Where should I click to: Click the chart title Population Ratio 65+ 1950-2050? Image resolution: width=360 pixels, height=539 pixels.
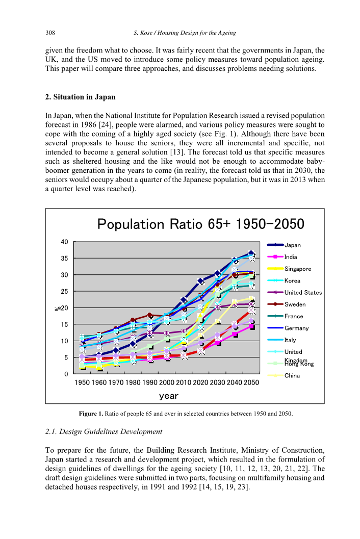(200, 224)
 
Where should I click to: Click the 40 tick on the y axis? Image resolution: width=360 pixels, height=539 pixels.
(65, 242)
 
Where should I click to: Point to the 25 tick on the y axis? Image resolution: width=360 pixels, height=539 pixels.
(65, 291)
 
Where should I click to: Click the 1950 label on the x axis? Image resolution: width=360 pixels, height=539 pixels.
(83, 382)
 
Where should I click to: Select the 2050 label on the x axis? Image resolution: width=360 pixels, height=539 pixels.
(251, 382)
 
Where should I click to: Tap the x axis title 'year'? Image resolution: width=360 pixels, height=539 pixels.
(168, 395)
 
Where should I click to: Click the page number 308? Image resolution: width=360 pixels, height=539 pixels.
(50, 33)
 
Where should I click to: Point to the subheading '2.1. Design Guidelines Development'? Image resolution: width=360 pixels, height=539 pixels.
(104, 432)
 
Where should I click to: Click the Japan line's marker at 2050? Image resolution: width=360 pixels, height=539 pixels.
(251, 253)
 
